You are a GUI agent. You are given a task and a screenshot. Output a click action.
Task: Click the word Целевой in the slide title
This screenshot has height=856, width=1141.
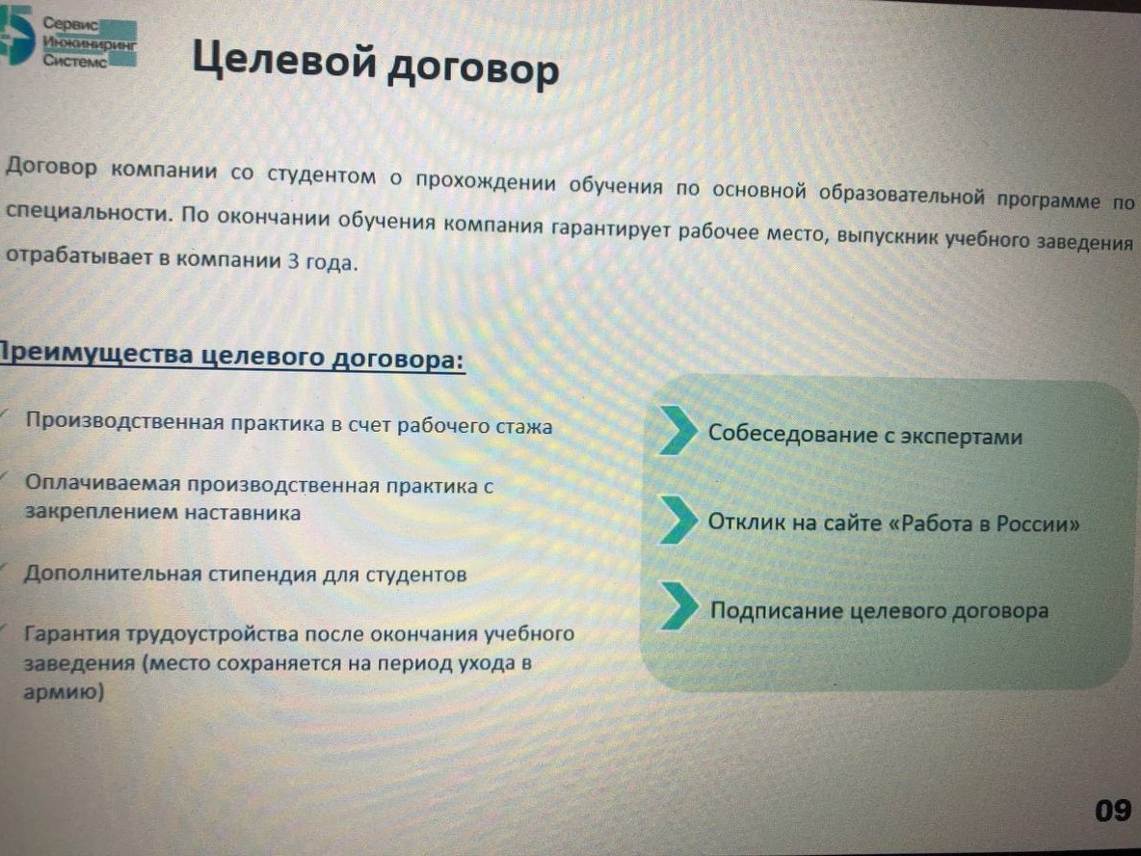tap(283, 61)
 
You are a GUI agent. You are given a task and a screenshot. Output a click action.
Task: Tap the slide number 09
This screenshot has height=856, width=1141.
tap(1113, 810)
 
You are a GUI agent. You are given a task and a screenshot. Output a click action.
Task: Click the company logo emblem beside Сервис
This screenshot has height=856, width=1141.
tap(16, 35)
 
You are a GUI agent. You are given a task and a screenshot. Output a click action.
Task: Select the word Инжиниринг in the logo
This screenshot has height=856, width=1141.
tap(90, 43)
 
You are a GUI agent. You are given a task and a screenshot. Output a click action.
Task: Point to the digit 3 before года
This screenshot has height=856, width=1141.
tap(293, 261)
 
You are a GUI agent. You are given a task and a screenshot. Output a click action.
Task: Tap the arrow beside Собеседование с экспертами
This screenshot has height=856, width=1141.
tap(678, 431)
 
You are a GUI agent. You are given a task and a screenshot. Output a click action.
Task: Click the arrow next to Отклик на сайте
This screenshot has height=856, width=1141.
tap(678, 520)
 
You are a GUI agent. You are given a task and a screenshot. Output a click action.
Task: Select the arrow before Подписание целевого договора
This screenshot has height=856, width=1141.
tap(679, 605)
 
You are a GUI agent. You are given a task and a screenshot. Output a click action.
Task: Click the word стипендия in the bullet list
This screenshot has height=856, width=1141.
tap(262, 575)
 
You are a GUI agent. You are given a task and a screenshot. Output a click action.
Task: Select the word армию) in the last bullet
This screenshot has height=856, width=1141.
tap(64, 691)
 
